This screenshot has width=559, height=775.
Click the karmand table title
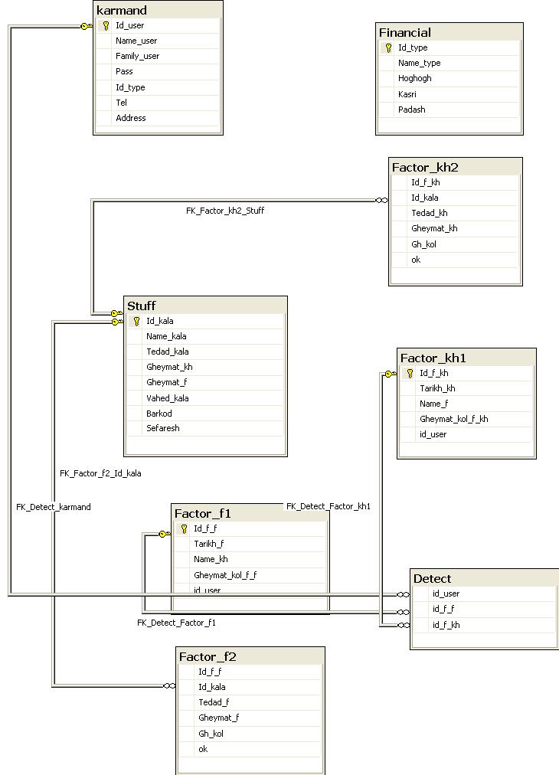point(122,11)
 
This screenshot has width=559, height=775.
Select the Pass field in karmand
point(124,71)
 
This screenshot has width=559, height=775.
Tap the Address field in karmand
point(130,118)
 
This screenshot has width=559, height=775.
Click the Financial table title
point(405,33)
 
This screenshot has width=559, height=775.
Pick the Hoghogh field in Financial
point(415,78)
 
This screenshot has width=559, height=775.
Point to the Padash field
point(412,110)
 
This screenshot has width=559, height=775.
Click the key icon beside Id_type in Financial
point(388,48)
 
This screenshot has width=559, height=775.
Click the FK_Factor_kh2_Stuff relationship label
point(225,211)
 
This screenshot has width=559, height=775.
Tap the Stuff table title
point(142,306)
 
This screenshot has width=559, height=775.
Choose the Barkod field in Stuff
point(159,414)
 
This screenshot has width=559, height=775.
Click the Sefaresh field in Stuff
point(162,428)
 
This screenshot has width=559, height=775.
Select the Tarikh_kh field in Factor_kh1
point(437,388)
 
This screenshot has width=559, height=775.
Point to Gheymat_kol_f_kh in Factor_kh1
point(454,419)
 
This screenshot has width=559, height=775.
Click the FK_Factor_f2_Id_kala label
point(100,473)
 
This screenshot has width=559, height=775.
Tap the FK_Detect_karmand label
point(54,507)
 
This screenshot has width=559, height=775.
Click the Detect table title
point(432,579)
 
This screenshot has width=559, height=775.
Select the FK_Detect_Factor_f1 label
point(176,623)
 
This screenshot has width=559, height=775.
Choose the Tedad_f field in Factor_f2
point(214,702)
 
